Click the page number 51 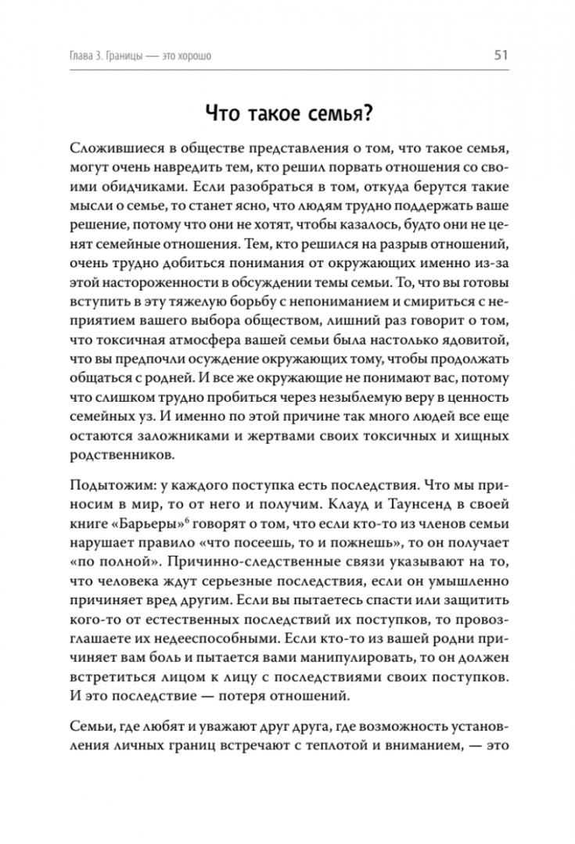point(501,55)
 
